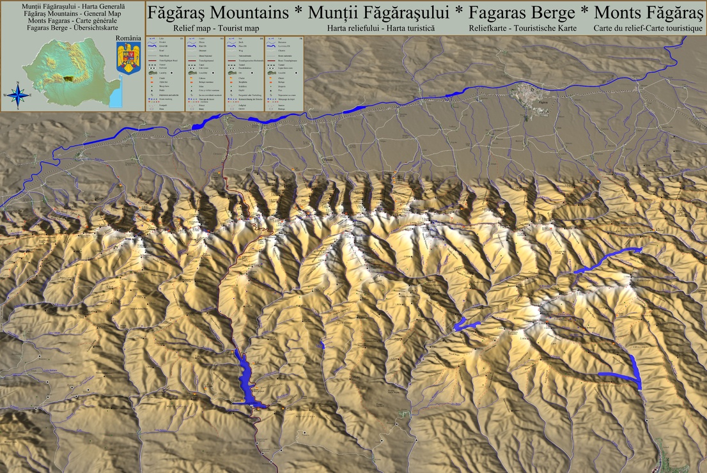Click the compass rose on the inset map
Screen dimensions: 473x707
[x=19, y=95]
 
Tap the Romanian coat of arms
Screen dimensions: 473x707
[x=128, y=59]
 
